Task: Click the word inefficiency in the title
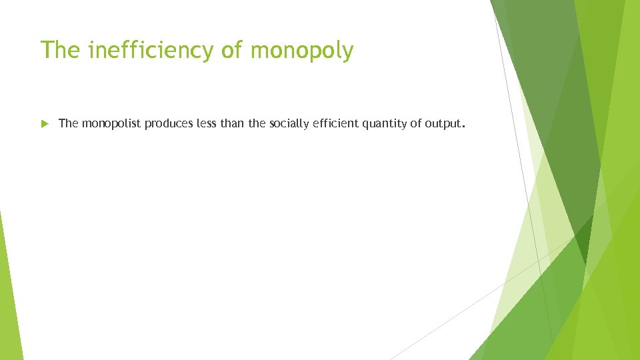149,50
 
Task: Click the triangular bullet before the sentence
45,123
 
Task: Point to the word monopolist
111,123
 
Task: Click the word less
205,123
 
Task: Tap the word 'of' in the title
235,50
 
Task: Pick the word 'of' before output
416,123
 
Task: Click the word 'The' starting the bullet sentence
69,123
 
